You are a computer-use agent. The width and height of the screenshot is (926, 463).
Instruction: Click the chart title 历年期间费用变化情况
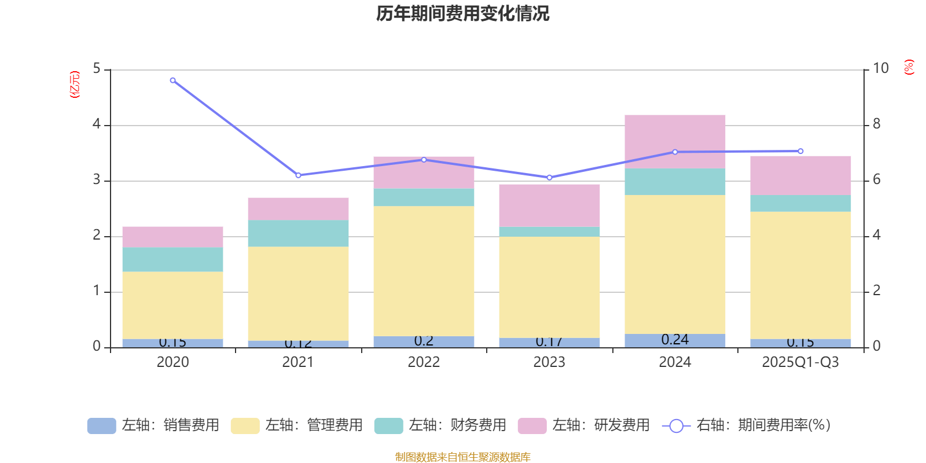462,14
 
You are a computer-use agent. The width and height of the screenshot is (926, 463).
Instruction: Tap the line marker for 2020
172,80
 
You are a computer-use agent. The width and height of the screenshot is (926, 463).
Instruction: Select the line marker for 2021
298,175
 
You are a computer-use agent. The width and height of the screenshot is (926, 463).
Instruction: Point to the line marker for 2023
549,178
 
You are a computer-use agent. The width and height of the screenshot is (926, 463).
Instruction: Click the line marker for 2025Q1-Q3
800,151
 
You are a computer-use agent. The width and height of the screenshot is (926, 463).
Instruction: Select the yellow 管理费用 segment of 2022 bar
424,271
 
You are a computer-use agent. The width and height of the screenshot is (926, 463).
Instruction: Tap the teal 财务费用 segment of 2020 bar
172,259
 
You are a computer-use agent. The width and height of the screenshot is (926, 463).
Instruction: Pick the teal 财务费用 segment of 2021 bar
298,233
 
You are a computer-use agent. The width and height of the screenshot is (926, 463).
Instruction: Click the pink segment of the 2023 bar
549,205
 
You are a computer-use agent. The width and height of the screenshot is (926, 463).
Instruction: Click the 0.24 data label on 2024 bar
675,340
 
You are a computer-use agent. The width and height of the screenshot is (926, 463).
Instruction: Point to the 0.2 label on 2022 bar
424,341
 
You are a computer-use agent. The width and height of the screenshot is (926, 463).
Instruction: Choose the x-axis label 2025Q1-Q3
800,362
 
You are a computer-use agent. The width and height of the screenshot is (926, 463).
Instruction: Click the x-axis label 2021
298,362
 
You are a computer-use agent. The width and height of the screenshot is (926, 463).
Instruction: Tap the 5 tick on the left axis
97,69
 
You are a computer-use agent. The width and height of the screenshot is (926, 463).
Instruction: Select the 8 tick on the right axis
877,124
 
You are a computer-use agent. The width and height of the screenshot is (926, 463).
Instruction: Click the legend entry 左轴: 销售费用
153,425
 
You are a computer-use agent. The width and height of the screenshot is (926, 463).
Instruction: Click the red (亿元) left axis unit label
75,84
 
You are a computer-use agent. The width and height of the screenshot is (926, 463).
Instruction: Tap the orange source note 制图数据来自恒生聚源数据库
462,457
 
